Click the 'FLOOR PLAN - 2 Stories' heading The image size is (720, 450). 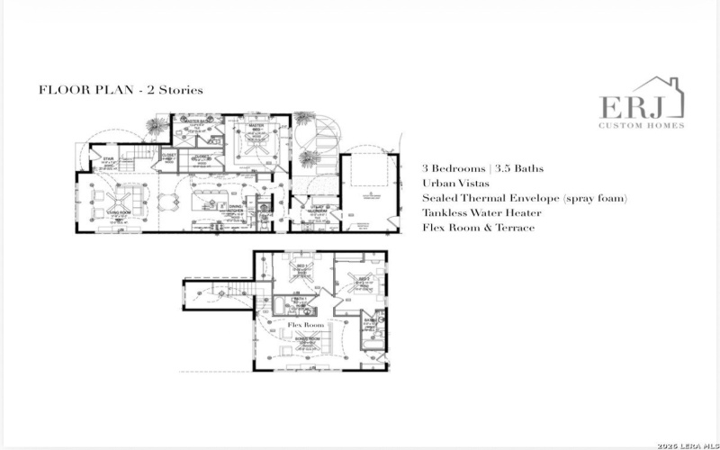pyautogui.click(x=121, y=90)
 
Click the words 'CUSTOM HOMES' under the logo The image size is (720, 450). pyautogui.click(x=641, y=125)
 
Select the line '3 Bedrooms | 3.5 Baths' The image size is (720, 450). pyautogui.click(x=482, y=168)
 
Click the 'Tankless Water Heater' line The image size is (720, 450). pyautogui.click(x=481, y=213)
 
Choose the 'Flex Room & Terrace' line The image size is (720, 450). pyautogui.click(x=478, y=228)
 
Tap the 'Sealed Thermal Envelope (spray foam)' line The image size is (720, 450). pyautogui.click(x=524, y=198)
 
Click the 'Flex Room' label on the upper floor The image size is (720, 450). pyautogui.click(x=305, y=323)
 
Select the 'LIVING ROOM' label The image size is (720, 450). pyautogui.click(x=120, y=213)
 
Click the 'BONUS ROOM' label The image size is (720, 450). pyautogui.click(x=304, y=340)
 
